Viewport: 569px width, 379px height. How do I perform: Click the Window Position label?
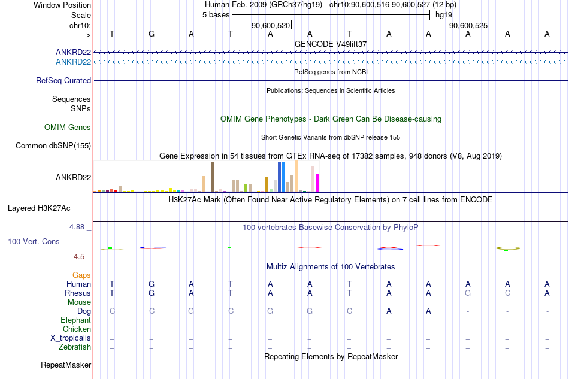[x=62, y=5]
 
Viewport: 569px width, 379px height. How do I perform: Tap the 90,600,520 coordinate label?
[x=271, y=25]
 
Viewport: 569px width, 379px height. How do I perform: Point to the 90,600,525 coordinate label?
[x=468, y=25]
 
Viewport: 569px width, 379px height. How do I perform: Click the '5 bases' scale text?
[x=216, y=15]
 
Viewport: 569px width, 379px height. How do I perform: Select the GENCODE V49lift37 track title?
[x=331, y=44]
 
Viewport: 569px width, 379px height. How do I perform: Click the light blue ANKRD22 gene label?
[x=73, y=62]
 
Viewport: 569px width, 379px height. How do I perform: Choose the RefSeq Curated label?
[x=63, y=80]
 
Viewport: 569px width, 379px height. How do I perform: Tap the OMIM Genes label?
[x=68, y=128]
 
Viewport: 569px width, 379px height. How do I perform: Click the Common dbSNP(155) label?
[x=53, y=146]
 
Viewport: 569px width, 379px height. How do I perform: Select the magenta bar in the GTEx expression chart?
[x=317, y=183]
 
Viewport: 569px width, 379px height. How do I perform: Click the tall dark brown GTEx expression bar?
[x=212, y=177]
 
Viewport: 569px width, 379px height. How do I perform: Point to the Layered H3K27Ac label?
[x=39, y=208]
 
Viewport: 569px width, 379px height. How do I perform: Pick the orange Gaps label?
[x=81, y=275]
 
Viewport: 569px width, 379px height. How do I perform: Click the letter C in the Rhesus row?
[x=507, y=293]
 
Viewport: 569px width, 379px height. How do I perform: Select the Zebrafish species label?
[x=75, y=347]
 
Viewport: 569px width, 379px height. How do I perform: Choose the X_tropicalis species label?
[x=71, y=338]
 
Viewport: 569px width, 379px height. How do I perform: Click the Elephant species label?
[x=76, y=320]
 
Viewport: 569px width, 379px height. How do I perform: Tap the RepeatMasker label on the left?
[x=66, y=365]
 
